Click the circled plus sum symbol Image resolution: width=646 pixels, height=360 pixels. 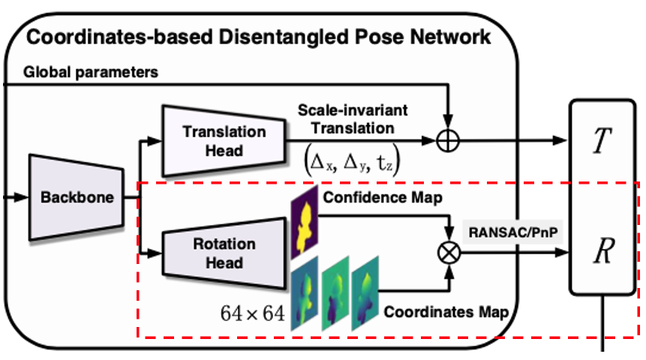coord(448,140)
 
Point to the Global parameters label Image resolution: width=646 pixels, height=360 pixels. coord(91,72)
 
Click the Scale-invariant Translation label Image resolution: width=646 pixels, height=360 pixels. coord(353,119)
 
